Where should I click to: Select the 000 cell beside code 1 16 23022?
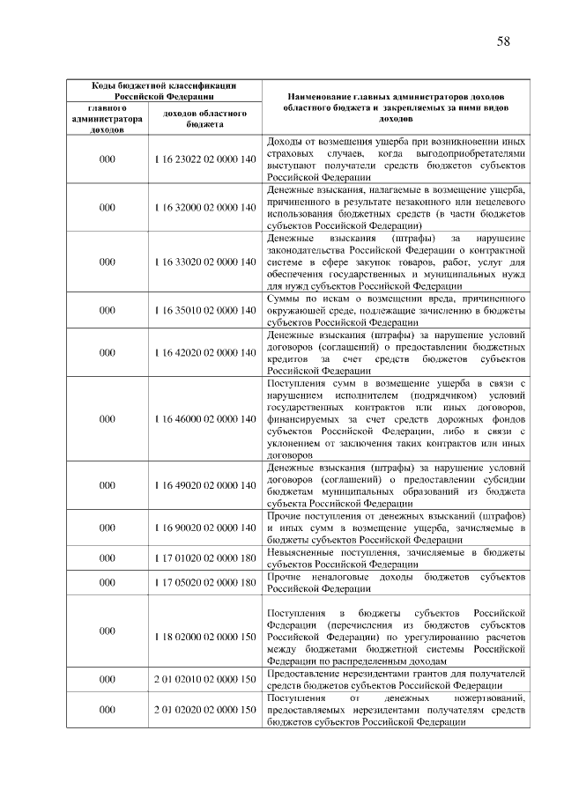point(108,159)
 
